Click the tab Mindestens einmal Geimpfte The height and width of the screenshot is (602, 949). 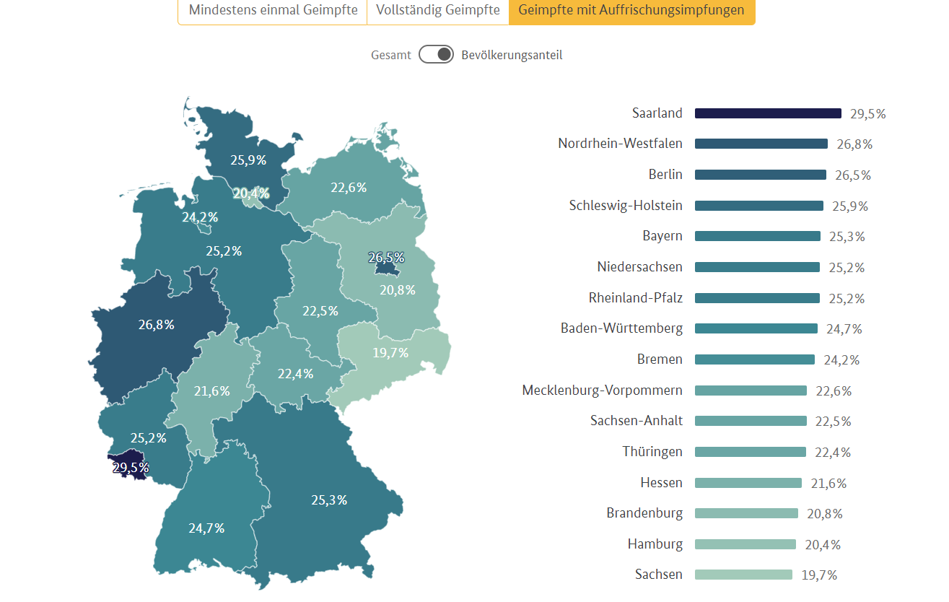273,11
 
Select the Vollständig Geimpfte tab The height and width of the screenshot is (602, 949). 438,11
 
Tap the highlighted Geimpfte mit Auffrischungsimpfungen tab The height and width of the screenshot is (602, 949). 631,11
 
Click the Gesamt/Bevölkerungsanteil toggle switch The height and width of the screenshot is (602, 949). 436,55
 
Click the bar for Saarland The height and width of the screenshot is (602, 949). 768,113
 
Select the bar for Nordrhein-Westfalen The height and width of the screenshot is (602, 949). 761,144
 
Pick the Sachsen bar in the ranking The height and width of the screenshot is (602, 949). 743,575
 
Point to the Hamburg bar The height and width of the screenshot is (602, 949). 745,544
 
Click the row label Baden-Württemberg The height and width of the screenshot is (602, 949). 621,328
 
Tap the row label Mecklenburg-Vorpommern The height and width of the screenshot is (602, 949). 602,391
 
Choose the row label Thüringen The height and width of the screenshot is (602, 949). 652,452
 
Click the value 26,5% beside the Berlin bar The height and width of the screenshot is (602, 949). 853,175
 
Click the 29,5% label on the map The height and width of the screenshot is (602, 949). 131,468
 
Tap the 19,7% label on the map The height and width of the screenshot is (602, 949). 391,352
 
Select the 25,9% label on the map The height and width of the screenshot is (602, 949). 248,160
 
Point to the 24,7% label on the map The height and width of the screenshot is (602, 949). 207,528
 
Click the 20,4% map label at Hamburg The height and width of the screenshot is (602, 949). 251,193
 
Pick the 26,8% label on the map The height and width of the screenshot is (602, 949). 157,325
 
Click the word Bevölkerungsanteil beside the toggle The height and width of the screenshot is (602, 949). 512,55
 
